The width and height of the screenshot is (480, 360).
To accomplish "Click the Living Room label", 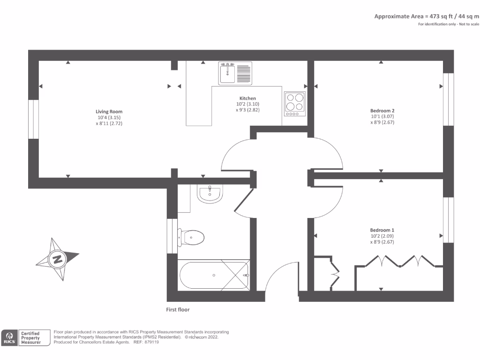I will click(x=109, y=112).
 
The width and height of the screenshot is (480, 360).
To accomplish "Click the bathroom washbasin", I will click(x=210, y=194).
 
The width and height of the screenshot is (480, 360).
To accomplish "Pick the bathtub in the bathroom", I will click(x=214, y=275).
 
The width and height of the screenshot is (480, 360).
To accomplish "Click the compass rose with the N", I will click(x=58, y=259).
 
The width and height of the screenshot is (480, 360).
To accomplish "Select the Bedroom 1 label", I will click(x=382, y=230).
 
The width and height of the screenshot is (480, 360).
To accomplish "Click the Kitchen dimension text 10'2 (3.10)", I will click(x=247, y=104).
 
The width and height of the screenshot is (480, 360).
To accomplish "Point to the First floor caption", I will click(x=178, y=309).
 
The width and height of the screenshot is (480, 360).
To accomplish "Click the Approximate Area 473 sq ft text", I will click(x=426, y=16).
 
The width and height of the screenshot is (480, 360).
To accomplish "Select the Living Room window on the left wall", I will click(x=33, y=119).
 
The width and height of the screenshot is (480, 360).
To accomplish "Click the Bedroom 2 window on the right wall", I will click(x=449, y=99).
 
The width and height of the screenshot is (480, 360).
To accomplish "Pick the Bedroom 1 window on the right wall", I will click(x=449, y=220).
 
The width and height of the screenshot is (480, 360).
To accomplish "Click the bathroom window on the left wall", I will click(x=172, y=236).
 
